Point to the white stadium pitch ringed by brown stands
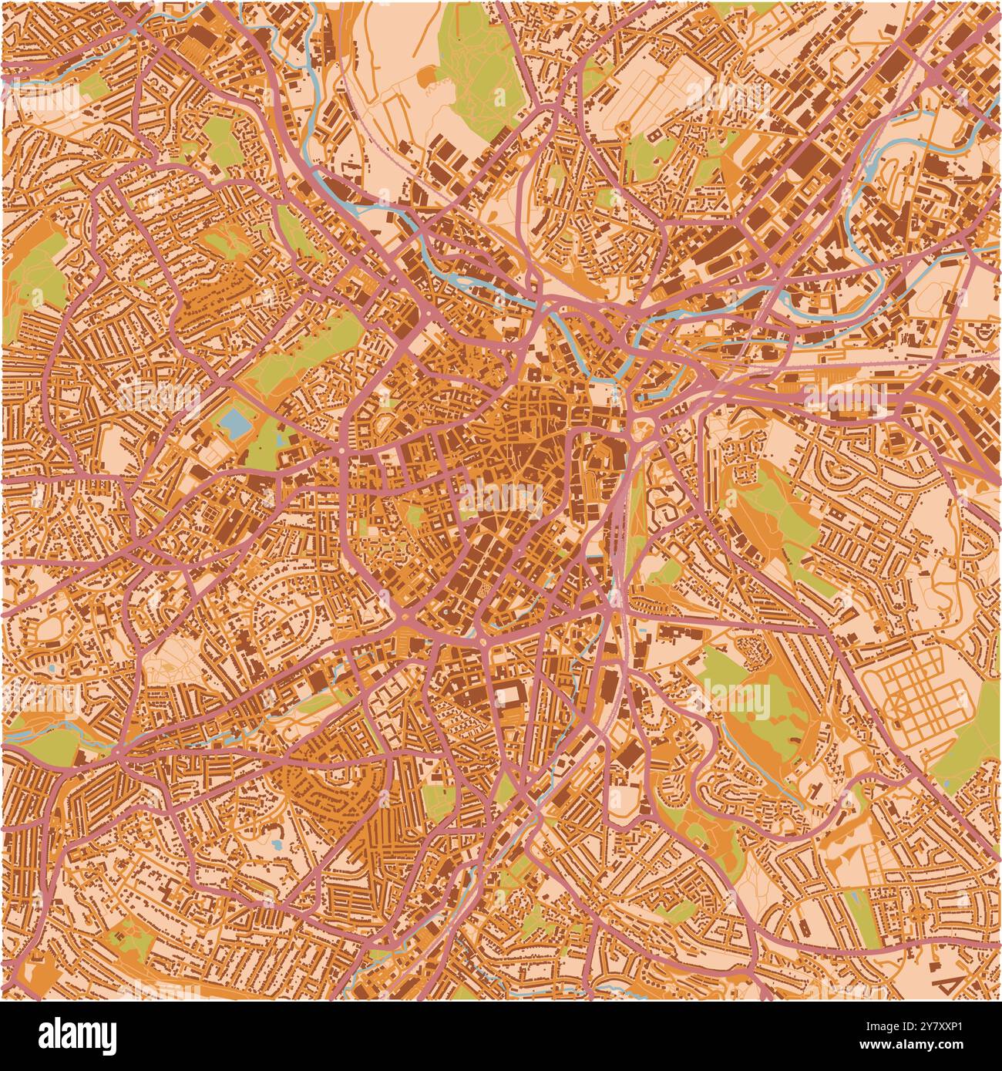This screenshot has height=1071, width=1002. click(508, 696)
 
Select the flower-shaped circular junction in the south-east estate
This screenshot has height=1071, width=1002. click(920, 914)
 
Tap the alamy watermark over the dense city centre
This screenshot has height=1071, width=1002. click(501, 493)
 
